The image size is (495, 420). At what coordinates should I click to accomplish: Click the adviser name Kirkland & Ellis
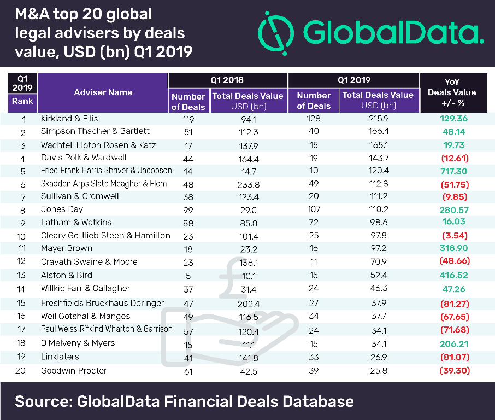pyautogui.click(x=70, y=118)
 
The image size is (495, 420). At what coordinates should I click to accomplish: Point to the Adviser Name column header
pyautogui.click(x=103, y=92)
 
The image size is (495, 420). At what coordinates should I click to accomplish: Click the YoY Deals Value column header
pyautogui.click(x=452, y=92)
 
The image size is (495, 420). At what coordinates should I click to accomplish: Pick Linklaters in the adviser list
pyautogui.click(x=60, y=357)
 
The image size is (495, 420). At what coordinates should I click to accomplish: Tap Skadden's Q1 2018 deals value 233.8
pyautogui.click(x=247, y=184)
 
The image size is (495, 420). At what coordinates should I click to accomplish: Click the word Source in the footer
pyautogui.click(x=40, y=401)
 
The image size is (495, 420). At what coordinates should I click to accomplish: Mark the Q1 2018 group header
pyautogui.click(x=227, y=80)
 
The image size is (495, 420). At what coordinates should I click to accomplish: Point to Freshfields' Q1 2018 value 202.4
pyautogui.click(x=247, y=302)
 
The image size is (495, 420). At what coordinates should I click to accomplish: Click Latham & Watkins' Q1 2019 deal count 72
pyautogui.click(x=314, y=223)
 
